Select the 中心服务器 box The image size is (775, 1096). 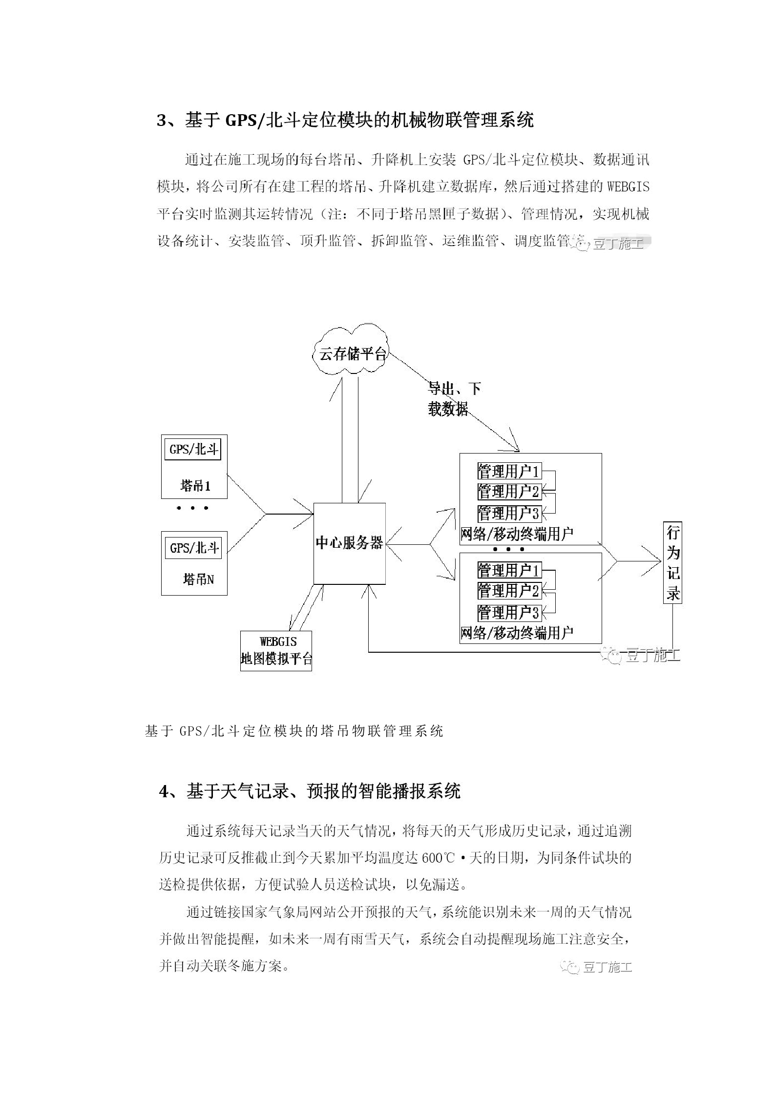(x=349, y=543)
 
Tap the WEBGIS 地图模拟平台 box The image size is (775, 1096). (x=276, y=650)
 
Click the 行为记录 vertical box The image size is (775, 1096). (x=672, y=562)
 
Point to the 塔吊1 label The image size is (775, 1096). (x=195, y=486)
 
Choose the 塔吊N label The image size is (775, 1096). (x=198, y=579)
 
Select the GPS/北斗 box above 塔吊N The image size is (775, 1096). (x=194, y=548)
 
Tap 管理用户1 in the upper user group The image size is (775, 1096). (x=508, y=472)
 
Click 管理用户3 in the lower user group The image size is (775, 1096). (x=508, y=612)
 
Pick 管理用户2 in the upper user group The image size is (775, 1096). (x=508, y=492)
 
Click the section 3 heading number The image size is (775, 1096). (x=162, y=121)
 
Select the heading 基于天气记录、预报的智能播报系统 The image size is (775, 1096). (x=323, y=791)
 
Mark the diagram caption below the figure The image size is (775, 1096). (x=294, y=731)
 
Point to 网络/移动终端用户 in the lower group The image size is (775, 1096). (x=517, y=633)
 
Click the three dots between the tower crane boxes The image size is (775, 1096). (x=193, y=508)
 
